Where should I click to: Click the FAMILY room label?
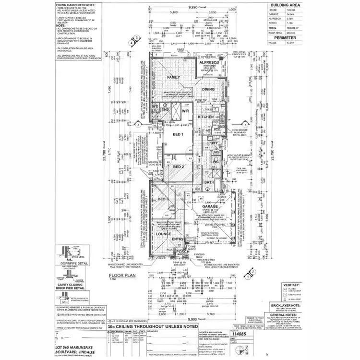coord(173,77)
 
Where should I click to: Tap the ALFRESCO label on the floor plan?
coord(210,62)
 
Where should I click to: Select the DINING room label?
coord(208,90)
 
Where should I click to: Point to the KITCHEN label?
coord(205,117)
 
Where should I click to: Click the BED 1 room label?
coord(178,135)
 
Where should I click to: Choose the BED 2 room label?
coord(179,167)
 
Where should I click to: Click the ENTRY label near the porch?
coord(178,239)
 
